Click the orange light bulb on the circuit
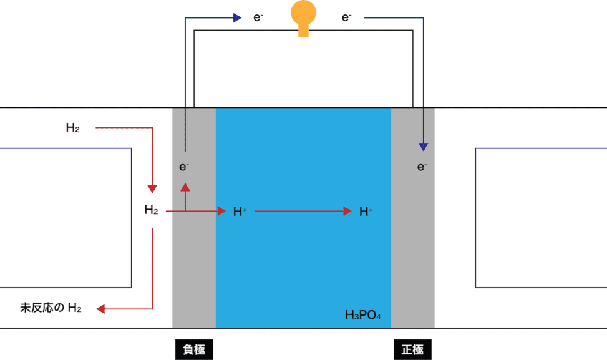pos(303,17)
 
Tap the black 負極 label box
pos(194,349)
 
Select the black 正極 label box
pos(412,349)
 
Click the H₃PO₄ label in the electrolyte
pos(362,314)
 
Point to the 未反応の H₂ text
pos(51,308)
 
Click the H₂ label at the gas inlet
pos(73,128)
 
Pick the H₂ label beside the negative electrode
pos(151,210)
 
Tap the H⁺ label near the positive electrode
pos(366,212)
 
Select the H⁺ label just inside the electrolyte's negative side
pos(240,212)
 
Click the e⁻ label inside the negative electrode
pos(184,167)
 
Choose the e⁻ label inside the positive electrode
pos(422,167)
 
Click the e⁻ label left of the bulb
pos(258,17)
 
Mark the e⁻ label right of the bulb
pos(346,17)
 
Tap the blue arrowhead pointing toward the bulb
pos(237,18)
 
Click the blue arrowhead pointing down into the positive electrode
pos(424,147)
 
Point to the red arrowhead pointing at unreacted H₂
pos(100,309)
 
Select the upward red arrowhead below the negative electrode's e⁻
pos(185,187)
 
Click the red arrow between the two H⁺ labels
pos(303,211)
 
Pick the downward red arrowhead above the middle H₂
pos(152,189)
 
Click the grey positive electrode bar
pos(412,218)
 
